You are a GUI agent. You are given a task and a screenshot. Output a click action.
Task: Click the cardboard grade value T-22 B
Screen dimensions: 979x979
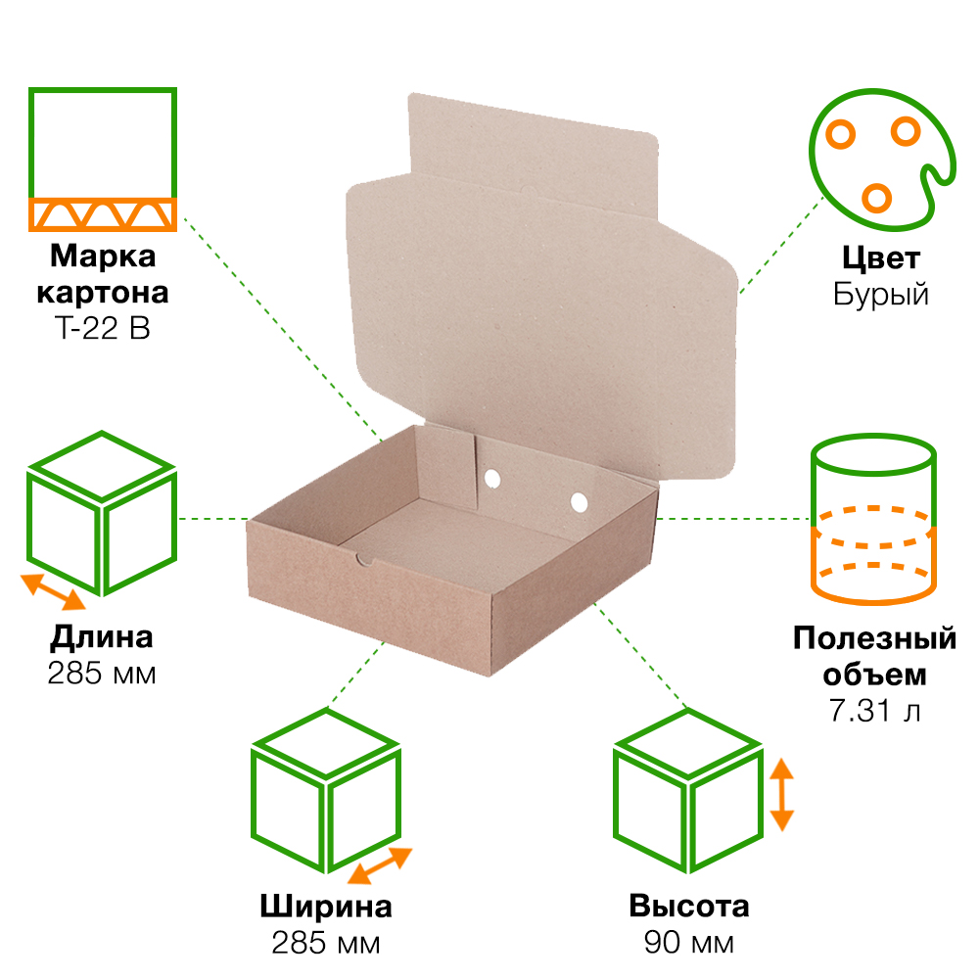[x=103, y=328]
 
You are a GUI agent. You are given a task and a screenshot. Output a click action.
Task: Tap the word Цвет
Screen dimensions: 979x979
[x=881, y=258]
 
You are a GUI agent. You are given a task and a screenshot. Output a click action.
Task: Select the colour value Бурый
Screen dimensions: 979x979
[x=881, y=294]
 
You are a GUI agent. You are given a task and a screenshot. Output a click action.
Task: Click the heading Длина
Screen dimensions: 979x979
[x=102, y=638]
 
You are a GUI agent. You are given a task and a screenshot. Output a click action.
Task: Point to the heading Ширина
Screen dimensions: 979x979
[x=326, y=907]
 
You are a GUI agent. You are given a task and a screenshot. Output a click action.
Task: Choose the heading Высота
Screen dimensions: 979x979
[x=688, y=906]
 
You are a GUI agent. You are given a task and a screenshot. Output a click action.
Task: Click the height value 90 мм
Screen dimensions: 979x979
[x=688, y=942]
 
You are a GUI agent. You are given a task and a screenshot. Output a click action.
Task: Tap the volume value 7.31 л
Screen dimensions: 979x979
[x=874, y=711]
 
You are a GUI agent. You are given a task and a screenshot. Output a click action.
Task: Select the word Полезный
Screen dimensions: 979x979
[x=874, y=638]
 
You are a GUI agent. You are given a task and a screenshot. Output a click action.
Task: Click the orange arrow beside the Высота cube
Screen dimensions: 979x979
[x=781, y=794]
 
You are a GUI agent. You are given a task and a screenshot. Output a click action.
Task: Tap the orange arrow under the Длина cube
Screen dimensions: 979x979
[x=53, y=591]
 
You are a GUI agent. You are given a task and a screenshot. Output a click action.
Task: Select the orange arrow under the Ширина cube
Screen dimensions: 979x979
[x=380, y=865]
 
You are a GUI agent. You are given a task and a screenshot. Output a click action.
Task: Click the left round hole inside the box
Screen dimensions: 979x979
[x=492, y=479]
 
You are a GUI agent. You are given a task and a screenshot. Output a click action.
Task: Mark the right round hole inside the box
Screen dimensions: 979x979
[x=579, y=502]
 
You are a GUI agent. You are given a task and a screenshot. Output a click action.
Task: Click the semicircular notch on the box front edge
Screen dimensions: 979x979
[x=364, y=560]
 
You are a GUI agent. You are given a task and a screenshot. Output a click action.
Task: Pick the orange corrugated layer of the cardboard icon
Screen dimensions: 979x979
[x=103, y=214]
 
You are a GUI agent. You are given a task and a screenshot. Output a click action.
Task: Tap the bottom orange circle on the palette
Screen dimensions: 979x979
[x=876, y=198]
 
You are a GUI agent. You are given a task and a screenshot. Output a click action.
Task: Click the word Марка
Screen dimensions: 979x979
[x=103, y=256]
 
